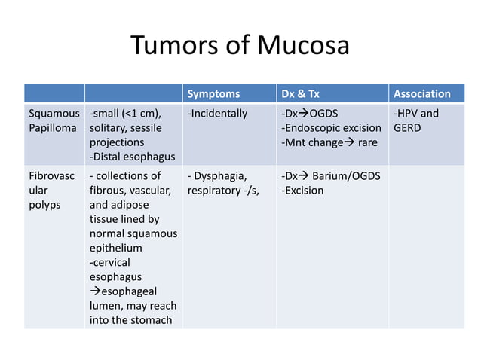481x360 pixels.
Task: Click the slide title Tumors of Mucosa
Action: click(x=240, y=47)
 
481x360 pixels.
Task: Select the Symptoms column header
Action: click(x=213, y=94)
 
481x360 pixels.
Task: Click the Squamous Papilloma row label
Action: click(x=54, y=121)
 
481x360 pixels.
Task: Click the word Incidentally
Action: click(x=218, y=114)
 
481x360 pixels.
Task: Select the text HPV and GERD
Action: click(x=415, y=121)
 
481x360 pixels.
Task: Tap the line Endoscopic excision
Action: click(x=331, y=128)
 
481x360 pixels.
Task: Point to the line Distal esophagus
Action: click(x=132, y=157)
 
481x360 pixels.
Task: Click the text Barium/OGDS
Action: click(x=346, y=176)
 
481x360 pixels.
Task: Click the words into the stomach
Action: click(x=130, y=319)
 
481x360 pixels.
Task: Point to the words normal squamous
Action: click(x=133, y=233)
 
